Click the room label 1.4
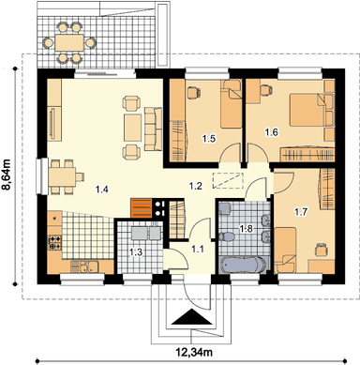coord(102,190)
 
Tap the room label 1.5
coord(209,138)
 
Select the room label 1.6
coord(271,132)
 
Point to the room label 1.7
coord(301,212)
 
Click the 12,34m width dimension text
coord(194,353)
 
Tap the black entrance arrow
coord(191,317)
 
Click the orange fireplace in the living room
coord(142,207)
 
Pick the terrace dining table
coord(69,42)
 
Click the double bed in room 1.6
coord(307,110)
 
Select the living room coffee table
coord(133,128)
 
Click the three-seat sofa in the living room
coord(153,129)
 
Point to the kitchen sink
coord(84,266)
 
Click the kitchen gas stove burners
coord(55,243)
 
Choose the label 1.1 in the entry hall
coord(198,250)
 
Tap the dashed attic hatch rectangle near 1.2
coord(228,180)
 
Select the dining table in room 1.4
coord(62,176)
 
